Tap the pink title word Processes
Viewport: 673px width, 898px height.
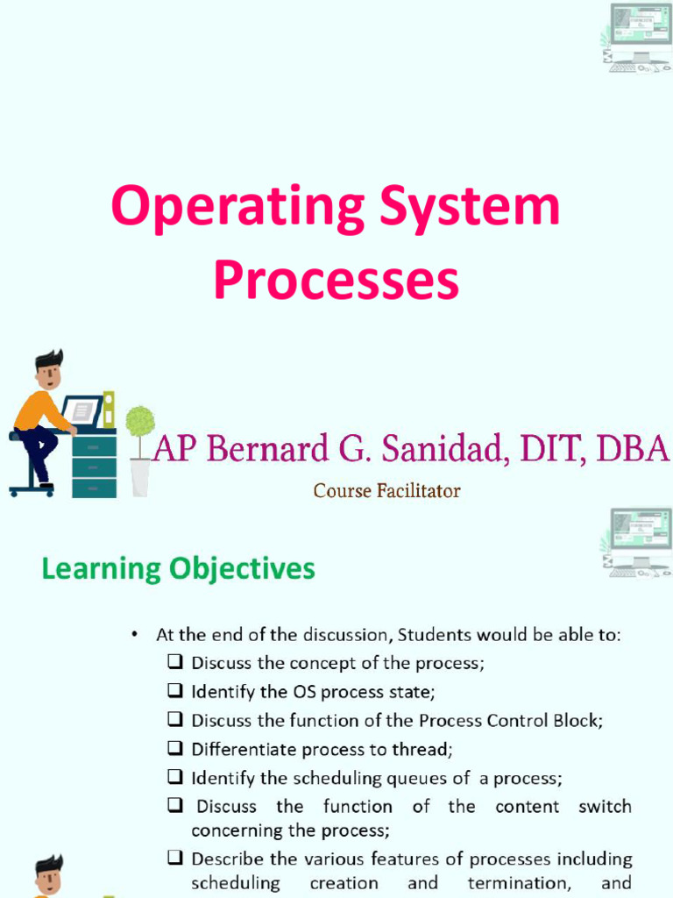click(336, 282)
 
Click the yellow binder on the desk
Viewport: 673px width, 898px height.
click(109, 410)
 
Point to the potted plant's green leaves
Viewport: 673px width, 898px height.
click(140, 421)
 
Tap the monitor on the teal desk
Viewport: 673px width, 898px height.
click(81, 410)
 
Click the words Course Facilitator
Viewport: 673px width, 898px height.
click(386, 491)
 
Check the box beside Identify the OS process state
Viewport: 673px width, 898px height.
click(175, 691)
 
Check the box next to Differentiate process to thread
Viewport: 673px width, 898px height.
click(175, 749)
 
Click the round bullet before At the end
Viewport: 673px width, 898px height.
click(134, 634)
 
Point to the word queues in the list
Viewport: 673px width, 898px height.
click(422, 778)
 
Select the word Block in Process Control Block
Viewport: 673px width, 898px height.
click(578, 720)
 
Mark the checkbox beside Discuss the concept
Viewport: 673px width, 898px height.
click(175, 662)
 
